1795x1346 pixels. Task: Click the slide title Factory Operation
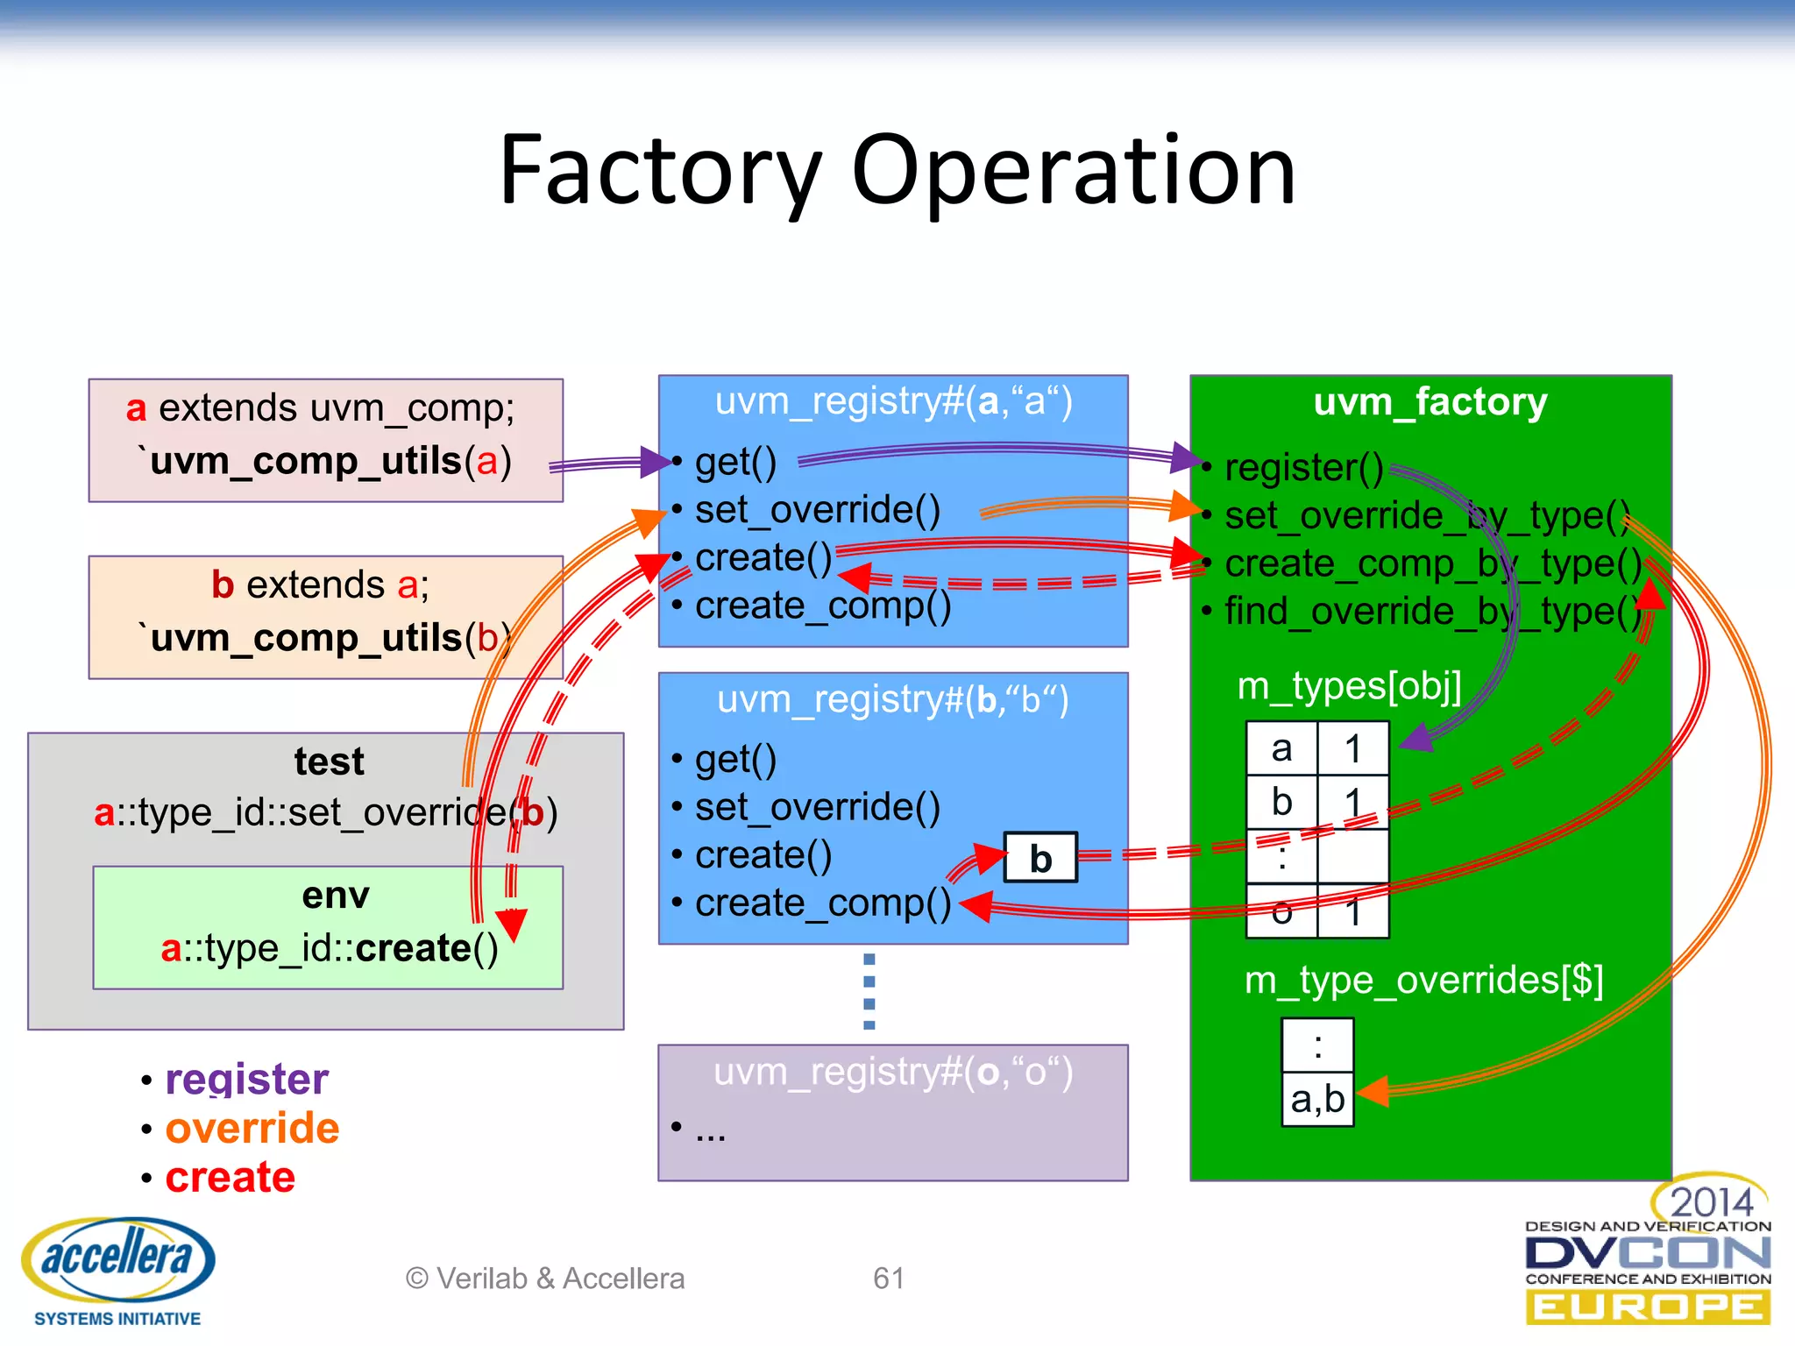coord(897,170)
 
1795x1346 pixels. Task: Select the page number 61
coord(888,1279)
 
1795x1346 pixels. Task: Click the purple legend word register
coord(246,1079)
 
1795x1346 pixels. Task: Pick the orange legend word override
coord(252,1128)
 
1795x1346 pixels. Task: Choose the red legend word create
coord(230,1177)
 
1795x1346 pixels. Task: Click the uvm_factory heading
coord(1430,402)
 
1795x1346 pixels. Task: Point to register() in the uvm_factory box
coord(1303,467)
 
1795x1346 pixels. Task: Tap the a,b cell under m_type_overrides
coord(1317,1099)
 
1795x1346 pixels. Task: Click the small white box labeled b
coord(1040,858)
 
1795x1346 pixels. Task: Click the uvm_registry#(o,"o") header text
coord(892,1073)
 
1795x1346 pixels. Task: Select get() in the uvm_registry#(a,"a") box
coord(735,462)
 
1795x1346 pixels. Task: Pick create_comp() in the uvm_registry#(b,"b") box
coord(822,903)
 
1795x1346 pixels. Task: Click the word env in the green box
coord(336,896)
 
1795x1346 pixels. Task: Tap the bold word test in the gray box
coord(329,761)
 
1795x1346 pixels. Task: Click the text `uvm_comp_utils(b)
coord(325,638)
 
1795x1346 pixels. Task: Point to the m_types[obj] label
coord(1349,685)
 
